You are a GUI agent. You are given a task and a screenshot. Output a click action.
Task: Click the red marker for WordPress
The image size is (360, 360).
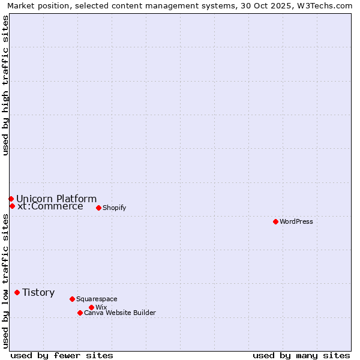[x=275, y=221]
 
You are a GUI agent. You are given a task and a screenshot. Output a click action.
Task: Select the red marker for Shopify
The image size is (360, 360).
[x=98, y=208]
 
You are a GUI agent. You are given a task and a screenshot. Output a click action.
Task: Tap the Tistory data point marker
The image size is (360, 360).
[x=17, y=292]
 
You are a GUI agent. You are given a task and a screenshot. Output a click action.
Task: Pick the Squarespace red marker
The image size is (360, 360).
[x=72, y=299]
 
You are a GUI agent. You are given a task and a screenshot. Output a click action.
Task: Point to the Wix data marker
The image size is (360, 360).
[x=91, y=307]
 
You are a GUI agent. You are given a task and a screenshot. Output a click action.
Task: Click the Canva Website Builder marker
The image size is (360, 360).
[x=80, y=313]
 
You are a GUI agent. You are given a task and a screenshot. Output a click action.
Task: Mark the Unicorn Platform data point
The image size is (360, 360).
[x=11, y=199]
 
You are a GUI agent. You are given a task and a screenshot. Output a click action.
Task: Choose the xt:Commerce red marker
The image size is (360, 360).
[x=12, y=206]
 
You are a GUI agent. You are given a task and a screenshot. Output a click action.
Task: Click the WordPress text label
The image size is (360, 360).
[x=296, y=221]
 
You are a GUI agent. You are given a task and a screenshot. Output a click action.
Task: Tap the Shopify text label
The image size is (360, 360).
[x=114, y=208]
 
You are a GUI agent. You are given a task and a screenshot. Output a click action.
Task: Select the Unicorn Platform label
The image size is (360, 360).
[x=56, y=199]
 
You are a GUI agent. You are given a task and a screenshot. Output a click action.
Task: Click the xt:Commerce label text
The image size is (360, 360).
[x=50, y=206]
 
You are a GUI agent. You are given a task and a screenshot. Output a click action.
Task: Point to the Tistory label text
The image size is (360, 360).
[x=38, y=292]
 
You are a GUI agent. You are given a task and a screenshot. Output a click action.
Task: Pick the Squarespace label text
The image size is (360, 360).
[x=97, y=299]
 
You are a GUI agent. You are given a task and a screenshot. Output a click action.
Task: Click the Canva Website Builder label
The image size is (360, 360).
[x=120, y=313]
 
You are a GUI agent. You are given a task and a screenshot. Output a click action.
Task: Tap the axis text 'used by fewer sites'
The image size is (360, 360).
[x=62, y=355]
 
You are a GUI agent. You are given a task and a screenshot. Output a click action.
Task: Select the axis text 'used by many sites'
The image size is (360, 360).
[x=301, y=355]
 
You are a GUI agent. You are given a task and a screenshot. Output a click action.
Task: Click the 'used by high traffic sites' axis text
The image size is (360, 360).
[x=6, y=85]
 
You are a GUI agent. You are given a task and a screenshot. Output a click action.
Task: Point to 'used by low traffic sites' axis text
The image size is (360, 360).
[x=6, y=281]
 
